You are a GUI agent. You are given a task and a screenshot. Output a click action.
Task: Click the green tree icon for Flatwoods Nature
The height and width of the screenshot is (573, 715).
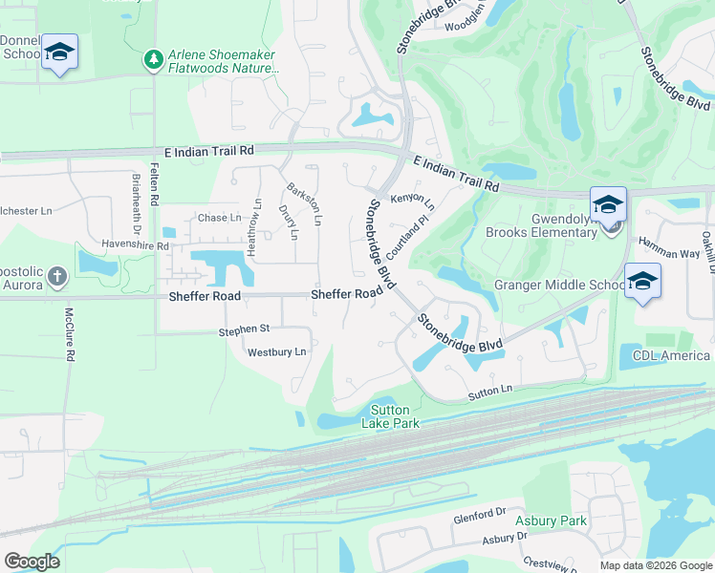pyautogui.click(x=153, y=61)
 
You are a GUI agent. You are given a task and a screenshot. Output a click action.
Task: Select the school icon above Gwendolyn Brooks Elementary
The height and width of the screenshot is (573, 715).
pyautogui.click(x=608, y=205)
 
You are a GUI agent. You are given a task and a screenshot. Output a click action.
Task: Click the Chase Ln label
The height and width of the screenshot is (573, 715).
pyautogui.click(x=219, y=218)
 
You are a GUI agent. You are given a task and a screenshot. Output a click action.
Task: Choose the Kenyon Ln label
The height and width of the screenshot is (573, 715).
pyautogui.click(x=412, y=202)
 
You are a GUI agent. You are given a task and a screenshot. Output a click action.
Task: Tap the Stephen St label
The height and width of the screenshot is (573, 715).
pyautogui.click(x=244, y=329)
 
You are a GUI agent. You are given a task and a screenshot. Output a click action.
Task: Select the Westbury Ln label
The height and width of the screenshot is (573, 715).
pyautogui.click(x=276, y=351)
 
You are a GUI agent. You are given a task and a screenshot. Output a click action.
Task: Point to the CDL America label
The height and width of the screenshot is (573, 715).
pyautogui.click(x=671, y=356)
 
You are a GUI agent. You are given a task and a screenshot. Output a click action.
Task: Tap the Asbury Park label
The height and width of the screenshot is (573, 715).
pyautogui.click(x=551, y=520)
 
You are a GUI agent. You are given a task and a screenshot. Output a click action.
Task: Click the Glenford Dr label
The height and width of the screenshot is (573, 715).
pyautogui.click(x=479, y=515)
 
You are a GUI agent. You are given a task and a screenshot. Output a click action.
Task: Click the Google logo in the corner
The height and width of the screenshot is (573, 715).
pyautogui.click(x=32, y=562)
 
